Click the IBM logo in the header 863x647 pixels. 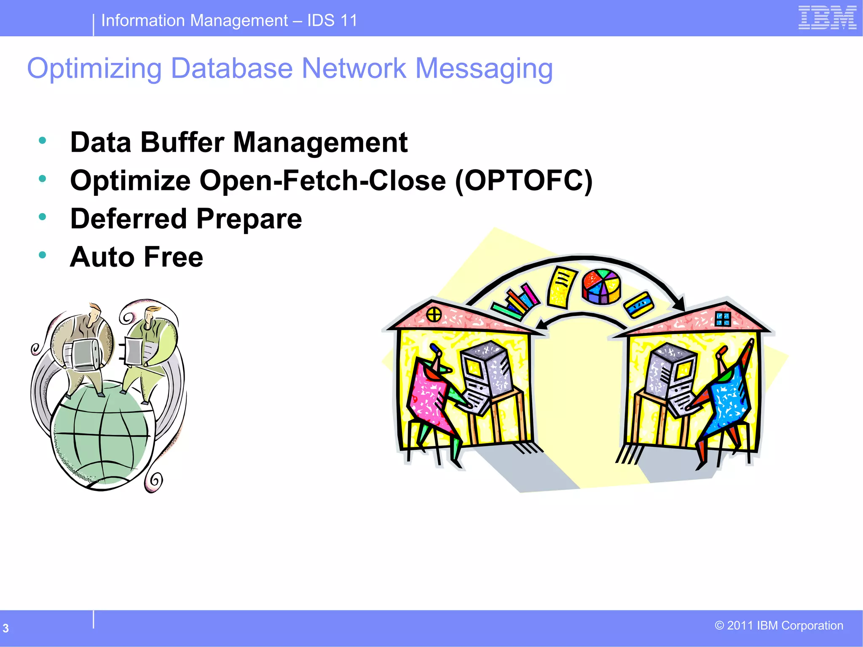[x=827, y=18]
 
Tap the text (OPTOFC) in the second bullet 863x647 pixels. [x=524, y=181]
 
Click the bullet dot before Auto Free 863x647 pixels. [x=42, y=255]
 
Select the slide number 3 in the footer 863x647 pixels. [x=6, y=628]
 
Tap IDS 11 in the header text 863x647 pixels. [x=332, y=20]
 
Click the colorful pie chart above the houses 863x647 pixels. [x=601, y=286]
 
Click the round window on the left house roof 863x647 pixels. [x=434, y=314]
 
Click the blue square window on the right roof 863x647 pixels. [x=723, y=319]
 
